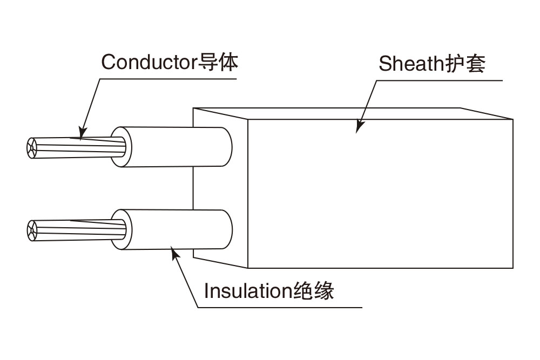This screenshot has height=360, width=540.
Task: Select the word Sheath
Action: pyautogui.click(x=411, y=64)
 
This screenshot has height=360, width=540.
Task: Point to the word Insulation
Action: pyautogui.click(x=248, y=291)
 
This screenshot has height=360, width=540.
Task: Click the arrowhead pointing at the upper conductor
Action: pyautogui.click(x=82, y=133)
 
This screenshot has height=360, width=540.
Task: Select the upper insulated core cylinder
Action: pyautogui.click(x=173, y=147)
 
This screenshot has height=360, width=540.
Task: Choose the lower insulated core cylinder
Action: pyautogui.click(x=173, y=229)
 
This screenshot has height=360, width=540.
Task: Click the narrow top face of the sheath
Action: pyautogui.click(x=351, y=113)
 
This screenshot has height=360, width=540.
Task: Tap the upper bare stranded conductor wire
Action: pyautogui.click(x=76, y=147)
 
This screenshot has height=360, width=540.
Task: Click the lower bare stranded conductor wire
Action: pyautogui.click(x=76, y=229)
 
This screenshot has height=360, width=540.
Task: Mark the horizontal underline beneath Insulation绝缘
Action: pyautogui.click(x=281, y=308)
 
